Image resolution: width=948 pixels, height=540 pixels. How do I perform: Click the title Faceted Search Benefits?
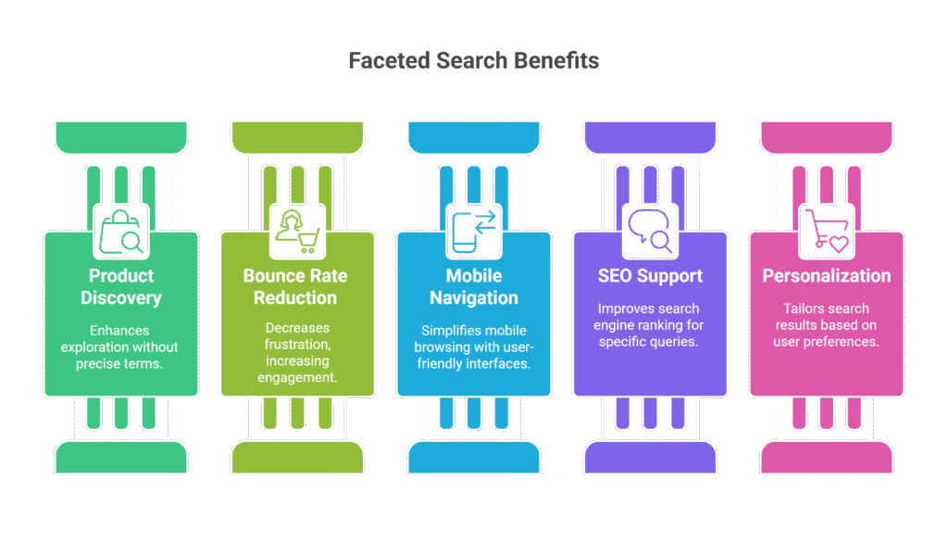pos(473,61)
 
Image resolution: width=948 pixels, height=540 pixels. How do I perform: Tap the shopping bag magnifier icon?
pos(121,232)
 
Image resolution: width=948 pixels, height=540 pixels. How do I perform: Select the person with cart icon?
pos(297,232)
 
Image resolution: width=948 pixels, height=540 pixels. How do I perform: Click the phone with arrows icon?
pos(473,232)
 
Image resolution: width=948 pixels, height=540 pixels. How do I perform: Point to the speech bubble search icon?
pos(649,232)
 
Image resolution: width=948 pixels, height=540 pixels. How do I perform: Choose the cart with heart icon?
pos(825,232)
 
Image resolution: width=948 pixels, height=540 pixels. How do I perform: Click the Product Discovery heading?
pos(121,287)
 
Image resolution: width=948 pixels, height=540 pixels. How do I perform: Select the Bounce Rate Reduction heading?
pos(297,287)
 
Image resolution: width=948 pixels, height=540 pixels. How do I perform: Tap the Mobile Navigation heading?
pos(473,287)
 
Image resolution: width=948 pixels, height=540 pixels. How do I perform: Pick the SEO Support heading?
pos(649,276)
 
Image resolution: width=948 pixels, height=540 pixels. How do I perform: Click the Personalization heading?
pos(826,276)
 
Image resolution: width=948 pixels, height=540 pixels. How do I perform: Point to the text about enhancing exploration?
pos(121,347)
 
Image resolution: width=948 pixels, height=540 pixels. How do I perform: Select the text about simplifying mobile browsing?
pos(473,347)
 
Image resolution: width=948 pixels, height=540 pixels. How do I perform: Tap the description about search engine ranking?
pos(649,325)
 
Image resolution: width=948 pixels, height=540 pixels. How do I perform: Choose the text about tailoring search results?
pos(826,325)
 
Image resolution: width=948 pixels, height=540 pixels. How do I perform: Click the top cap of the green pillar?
pos(121,137)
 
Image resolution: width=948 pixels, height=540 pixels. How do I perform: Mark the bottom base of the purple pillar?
pos(649,457)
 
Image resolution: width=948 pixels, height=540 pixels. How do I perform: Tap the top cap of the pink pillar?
pos(826,137)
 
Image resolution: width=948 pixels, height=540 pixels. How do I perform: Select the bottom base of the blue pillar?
pos(473,457)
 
